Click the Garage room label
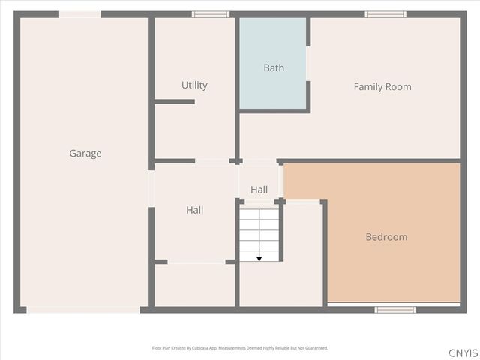click(85, 154)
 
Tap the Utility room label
click(194, 85)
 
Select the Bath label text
click(274, 68)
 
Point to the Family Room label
click(382, 87)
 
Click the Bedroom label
click(386, 237)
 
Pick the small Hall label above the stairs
click(259, 190)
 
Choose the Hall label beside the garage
click(194, 211)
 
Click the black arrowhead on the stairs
click(259, 259)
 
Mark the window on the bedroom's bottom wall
click(395, 309)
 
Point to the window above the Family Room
click(385, 14)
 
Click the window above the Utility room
click(211, 14)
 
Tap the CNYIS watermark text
click(463, 352)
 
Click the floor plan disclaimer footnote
click(240, 348)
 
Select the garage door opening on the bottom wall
click(82, 309)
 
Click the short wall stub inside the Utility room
click(175, 101)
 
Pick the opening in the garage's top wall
click(80, 14)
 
